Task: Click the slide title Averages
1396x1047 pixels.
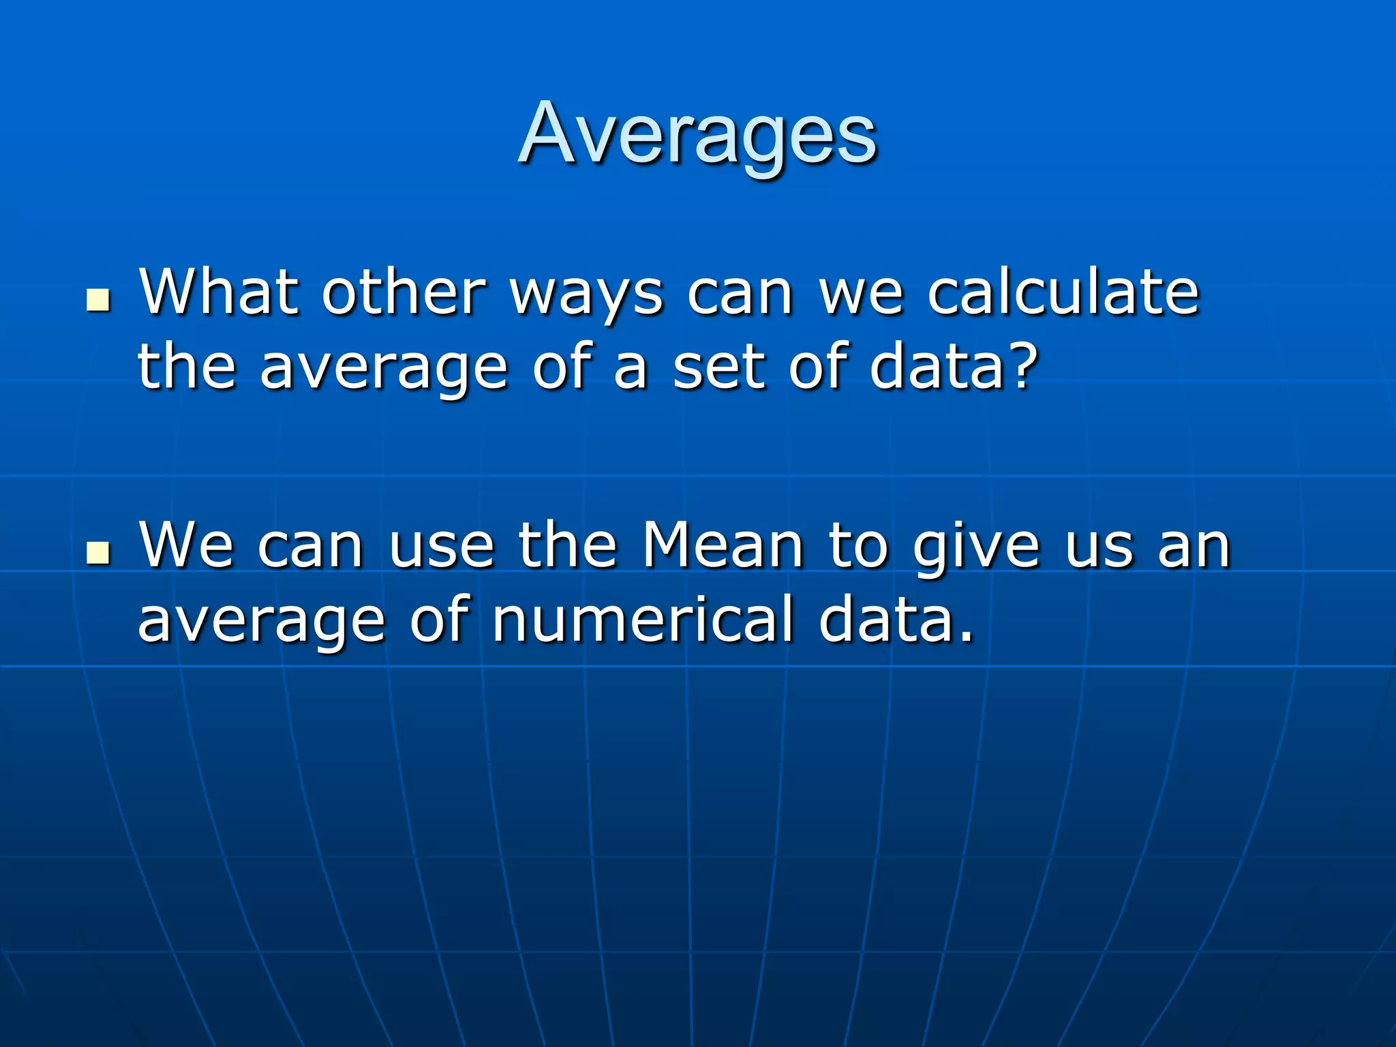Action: [x=697, y=134]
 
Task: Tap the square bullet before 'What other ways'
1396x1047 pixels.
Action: [x=99, y=300]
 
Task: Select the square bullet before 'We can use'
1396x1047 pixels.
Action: [x=99, y=553]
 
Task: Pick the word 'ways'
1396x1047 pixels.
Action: [x=587, y=297]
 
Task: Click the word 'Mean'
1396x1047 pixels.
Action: [x=723, y=545]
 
